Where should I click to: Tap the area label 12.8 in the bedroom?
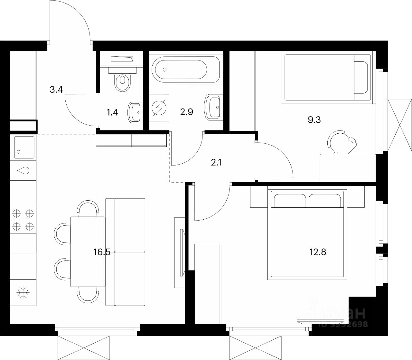tap(317, 252)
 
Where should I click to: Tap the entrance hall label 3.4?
tap(56, 90)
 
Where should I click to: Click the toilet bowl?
tap(122, 82)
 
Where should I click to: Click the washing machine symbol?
tap(159, 108)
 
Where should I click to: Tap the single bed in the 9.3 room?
tap(327, 78)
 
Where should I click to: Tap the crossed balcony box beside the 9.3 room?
tap(400, 125)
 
